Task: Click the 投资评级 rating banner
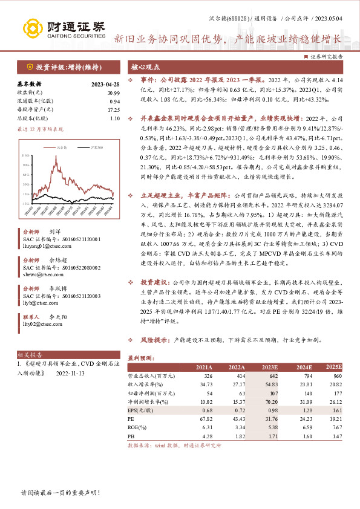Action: (62, 66)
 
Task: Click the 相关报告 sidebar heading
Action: (30, 354)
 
